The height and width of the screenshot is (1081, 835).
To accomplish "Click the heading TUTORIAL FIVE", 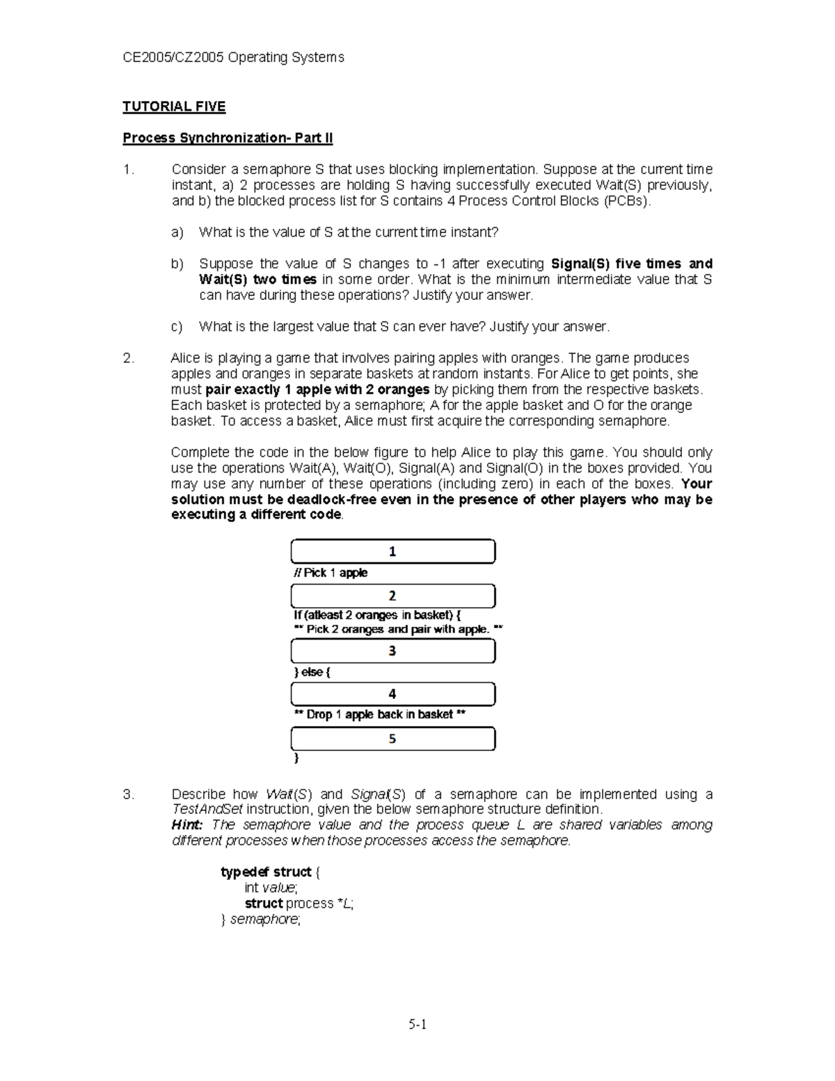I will (174, 106).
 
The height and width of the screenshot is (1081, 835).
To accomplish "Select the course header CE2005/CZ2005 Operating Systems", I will (233, 58).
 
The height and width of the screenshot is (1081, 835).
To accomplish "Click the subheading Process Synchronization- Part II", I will (228, 138).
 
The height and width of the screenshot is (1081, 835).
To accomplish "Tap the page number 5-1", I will (417, 1024).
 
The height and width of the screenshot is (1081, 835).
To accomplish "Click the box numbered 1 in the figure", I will (392, 551).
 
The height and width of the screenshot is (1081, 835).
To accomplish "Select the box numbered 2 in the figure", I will (392, 596).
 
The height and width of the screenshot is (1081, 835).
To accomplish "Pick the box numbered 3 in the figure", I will (392, 651).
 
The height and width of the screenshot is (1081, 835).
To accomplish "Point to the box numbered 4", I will (392, 694).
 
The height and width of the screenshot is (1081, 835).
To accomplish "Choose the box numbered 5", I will (392, 739).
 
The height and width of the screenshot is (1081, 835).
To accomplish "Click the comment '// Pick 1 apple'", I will (331, 573).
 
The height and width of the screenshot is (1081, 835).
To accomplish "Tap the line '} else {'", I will (312, 672).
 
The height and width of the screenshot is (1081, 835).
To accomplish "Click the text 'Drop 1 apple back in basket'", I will (380, 715).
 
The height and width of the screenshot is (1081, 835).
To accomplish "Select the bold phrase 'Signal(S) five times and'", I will (631, 264).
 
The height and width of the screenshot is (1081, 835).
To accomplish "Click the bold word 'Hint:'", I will (187, 825).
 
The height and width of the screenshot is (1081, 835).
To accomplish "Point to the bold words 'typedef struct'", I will (266, 872).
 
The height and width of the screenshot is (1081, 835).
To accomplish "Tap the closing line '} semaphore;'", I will (261, 920).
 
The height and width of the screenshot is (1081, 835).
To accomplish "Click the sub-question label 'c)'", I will (177, 326).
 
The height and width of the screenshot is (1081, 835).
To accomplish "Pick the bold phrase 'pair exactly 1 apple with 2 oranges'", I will (317, 390).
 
